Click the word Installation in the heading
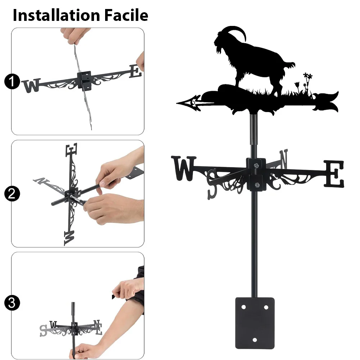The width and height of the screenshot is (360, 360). [x=57, y=15]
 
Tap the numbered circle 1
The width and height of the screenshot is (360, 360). [x=12, y=81]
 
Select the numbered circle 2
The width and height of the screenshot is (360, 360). [x=12, y=194]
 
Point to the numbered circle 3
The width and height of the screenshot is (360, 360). [x=12, y=303]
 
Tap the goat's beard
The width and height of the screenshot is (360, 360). [x=220, y=50]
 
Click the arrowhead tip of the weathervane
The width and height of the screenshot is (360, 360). [x=177, y=103]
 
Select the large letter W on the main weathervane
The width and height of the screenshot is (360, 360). [x=184, y=168]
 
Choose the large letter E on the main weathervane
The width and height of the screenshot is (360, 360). [x=334, y=174]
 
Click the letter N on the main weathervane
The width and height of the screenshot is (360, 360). [x=284, y=159]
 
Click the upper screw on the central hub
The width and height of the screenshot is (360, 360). [x=256, y=165]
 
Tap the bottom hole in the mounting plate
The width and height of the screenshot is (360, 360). [x=255, y=340]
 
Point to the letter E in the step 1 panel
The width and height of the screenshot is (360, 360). [x=135, y=71]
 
